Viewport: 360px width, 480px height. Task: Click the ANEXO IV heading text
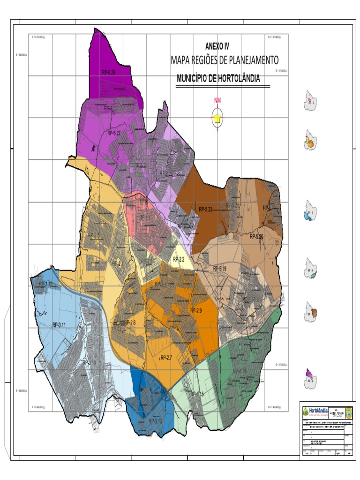pos(217,46)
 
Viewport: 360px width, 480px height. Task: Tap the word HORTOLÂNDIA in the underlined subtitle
pos(236,79)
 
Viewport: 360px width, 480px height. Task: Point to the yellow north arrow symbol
pos(217,119)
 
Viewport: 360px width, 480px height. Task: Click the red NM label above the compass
pos(217,100)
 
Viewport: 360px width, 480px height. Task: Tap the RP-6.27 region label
pos(114,133)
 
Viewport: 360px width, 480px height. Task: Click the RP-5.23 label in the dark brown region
pos(206,209)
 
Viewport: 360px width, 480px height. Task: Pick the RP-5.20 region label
pos(256,236)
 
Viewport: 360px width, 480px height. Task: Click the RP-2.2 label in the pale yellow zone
pos(179,259)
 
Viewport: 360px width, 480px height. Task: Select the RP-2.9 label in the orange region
pos(195,310)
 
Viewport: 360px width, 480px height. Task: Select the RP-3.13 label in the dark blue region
pos(155,421)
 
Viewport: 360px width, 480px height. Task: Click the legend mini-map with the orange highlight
pos(310,140)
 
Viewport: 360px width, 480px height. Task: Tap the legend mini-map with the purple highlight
pos(310,377)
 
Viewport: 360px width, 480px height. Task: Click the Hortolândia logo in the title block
pos(315,411)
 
